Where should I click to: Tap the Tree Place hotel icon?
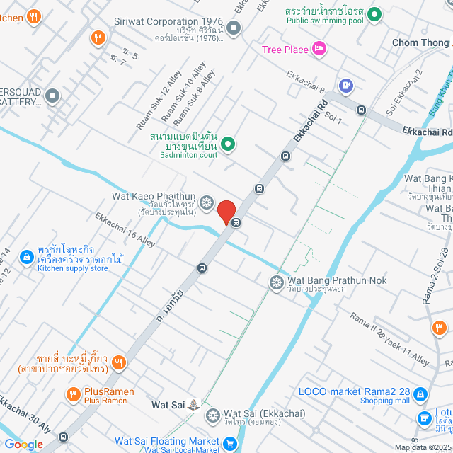(x=319, y=49)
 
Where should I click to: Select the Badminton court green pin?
(x=228, y=144)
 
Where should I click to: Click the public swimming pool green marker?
(x=374, y=13)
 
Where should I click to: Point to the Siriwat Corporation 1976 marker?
(x=233, y=28)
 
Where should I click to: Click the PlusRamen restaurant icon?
(x=73, y=394)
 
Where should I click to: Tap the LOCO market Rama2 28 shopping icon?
(x=420, y=394)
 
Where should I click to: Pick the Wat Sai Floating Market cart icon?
(x=229, y=444)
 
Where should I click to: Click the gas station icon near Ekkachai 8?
(x=345, y=86)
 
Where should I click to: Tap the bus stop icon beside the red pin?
(x=236, y=223)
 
